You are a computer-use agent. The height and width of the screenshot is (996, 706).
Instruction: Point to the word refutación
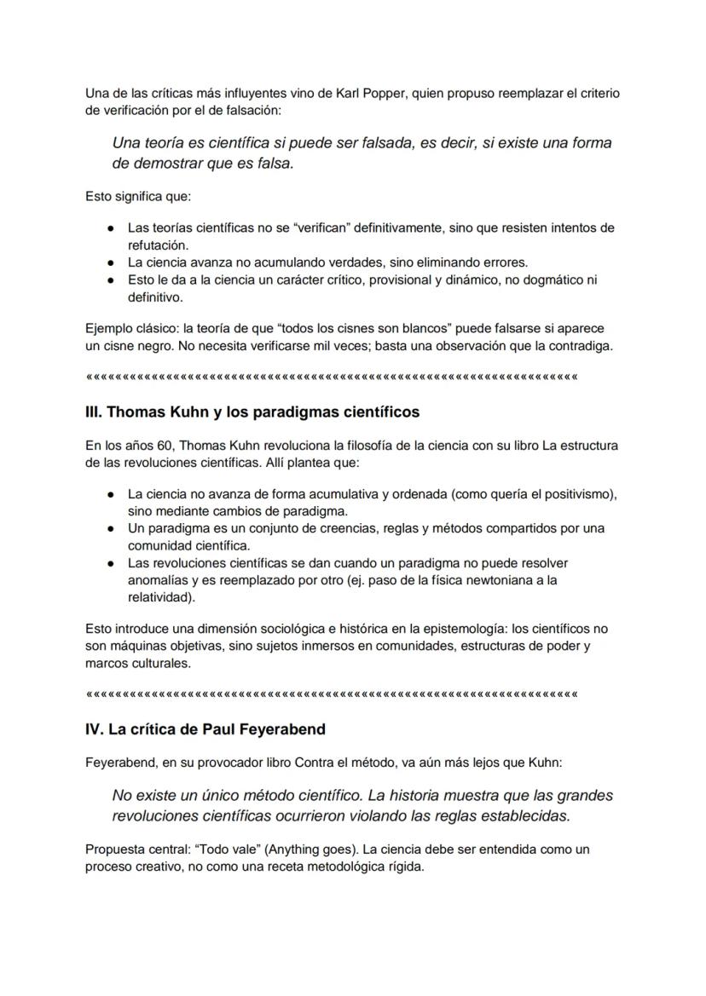pos(158,245)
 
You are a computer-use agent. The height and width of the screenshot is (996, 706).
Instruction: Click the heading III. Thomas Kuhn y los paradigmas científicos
pos(252,412)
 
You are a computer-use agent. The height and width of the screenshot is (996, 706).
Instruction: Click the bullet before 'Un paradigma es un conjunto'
pos(112,528)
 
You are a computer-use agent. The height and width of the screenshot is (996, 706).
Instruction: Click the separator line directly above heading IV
pos(332,694)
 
